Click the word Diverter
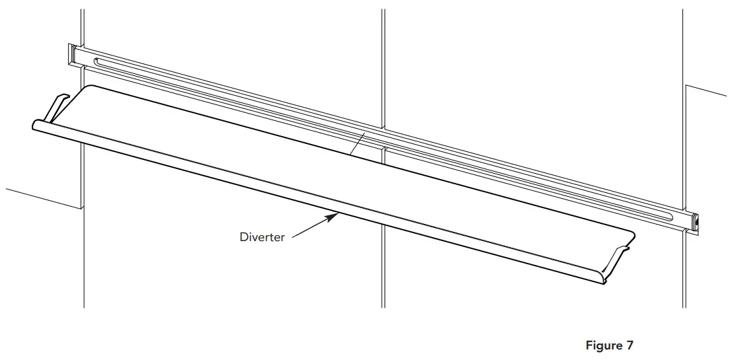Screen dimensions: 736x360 262,236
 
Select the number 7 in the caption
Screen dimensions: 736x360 630,345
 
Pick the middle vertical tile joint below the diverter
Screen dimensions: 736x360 383,264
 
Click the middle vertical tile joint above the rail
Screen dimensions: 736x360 383,66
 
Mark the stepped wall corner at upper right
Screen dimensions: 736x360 687,87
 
